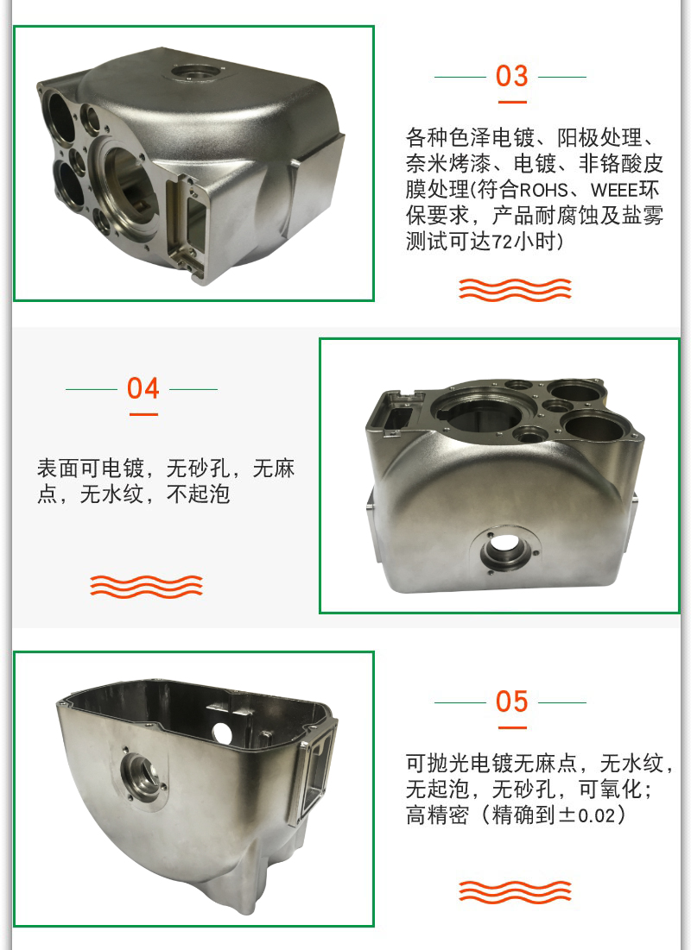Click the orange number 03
tap(511, 76)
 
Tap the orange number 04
tap(143, 388)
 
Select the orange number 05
tap(511, 701)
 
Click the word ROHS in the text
tap(543, 190)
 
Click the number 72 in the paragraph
tap(502, 242)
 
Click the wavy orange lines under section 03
tap(515, 290)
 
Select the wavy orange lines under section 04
tap(146, 587)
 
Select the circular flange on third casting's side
tap(143, 777)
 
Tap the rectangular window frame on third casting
tap(314, 770)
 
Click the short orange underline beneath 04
tap(143, 414)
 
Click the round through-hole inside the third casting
tap(222, 733)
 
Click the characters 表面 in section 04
tap(58, 469)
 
